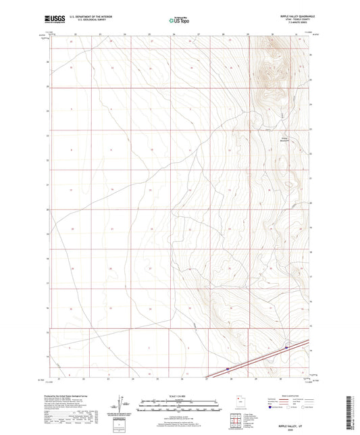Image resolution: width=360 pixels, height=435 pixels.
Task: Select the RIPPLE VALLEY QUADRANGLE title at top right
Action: [290, 16]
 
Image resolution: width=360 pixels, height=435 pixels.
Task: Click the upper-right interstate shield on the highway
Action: [286, 348]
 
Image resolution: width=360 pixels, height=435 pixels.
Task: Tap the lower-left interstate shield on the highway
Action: [228, 368]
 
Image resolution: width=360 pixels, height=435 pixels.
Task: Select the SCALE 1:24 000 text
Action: [179, 396]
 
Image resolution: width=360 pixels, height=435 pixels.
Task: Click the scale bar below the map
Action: [179, 405]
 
